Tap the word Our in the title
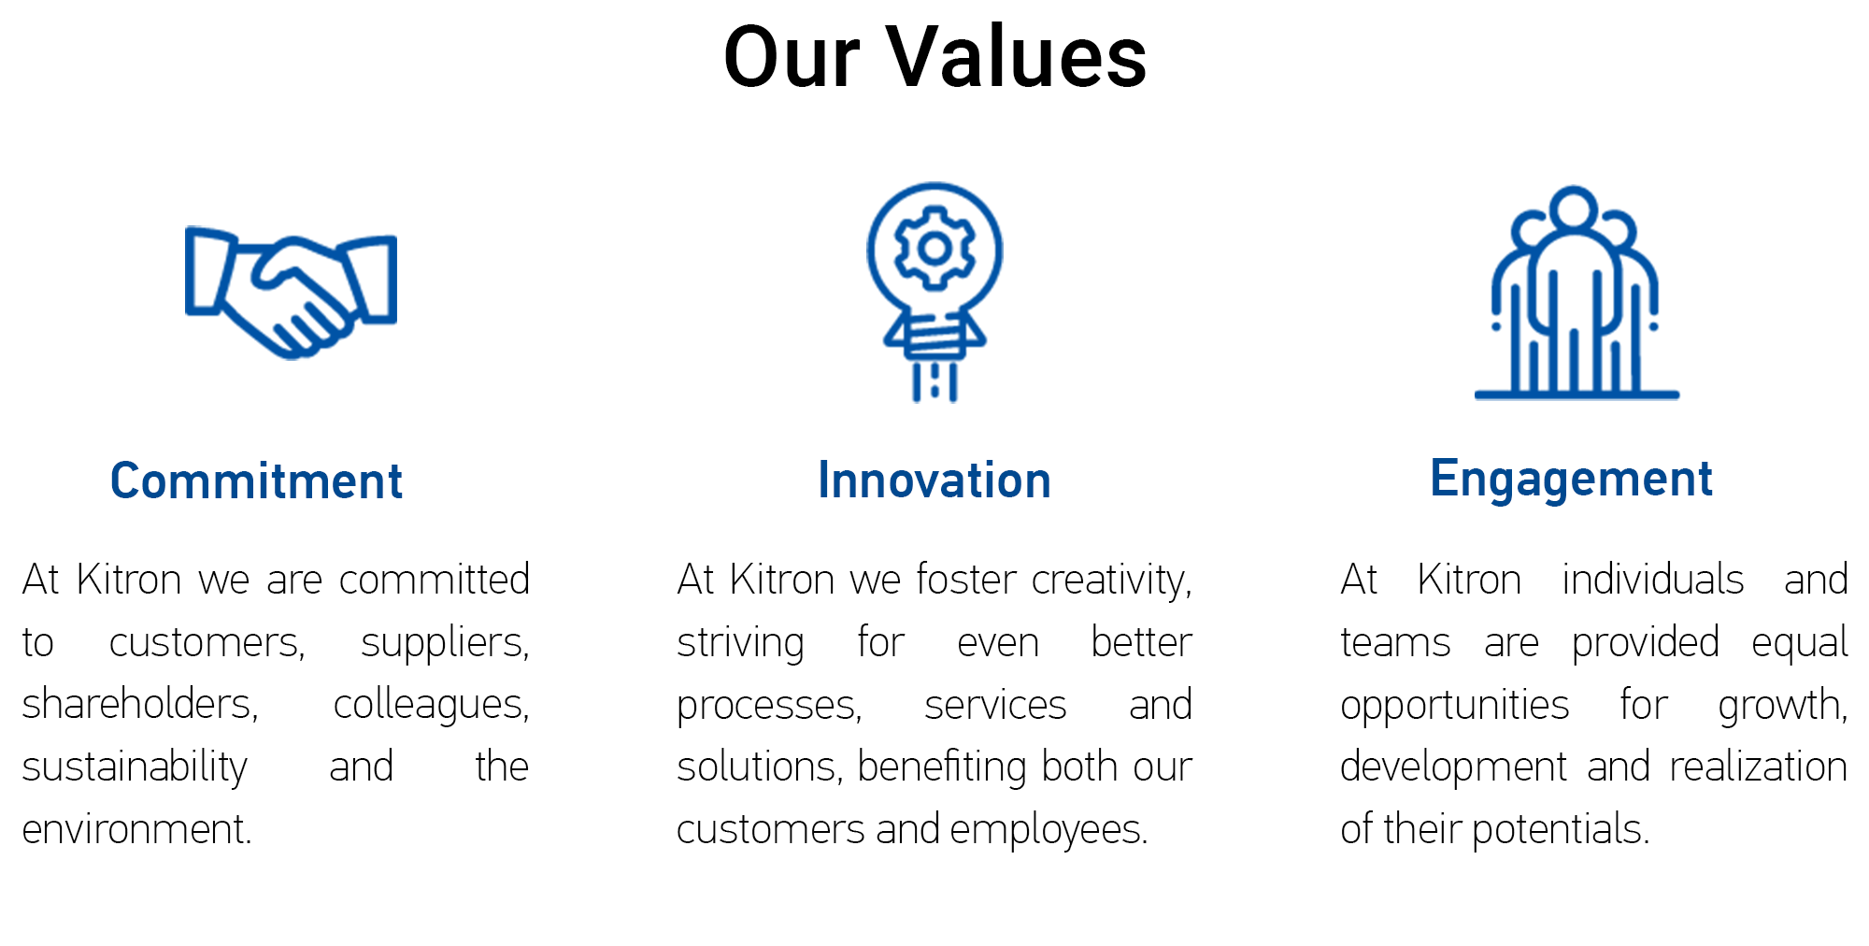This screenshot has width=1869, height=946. coord(792,58)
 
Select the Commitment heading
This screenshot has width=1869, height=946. coord(256,481)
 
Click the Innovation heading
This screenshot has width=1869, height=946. coord(934,480)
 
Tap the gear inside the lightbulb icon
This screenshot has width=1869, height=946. coord(934,249)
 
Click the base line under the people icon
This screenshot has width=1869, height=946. coord(1577,394)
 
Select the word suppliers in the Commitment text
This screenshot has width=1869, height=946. coord(445,643)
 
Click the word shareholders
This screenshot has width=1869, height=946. coord(140,704)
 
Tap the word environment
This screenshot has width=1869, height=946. coord(137,829)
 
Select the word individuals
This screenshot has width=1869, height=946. coord(1653,580)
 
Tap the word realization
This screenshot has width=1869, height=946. coord(1758,767)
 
